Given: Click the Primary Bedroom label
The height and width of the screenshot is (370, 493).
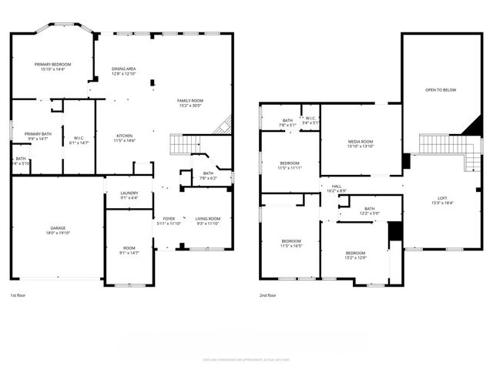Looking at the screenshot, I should (52, 64).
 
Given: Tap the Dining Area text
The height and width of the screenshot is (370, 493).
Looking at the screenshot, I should (123, 69).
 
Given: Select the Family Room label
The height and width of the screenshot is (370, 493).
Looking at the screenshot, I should (189, 101).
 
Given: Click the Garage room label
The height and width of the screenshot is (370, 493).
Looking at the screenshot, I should (58, 227).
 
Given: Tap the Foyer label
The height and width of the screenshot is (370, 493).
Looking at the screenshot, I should (168, 219).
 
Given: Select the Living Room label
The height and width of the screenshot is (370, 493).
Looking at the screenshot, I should (208, 219).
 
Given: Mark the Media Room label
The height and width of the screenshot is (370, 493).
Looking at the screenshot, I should (361, 142).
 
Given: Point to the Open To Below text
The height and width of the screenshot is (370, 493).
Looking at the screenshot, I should (441, 89).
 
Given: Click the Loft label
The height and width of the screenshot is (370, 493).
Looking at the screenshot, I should (442, 198).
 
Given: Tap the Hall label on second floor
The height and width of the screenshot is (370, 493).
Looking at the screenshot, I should (337, 186).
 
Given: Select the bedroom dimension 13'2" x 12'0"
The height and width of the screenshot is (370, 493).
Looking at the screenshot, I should (355, 258).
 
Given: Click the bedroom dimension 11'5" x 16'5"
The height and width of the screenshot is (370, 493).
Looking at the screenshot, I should (290, 246).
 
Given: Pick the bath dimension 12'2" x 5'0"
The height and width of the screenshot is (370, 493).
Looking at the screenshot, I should (370, 213).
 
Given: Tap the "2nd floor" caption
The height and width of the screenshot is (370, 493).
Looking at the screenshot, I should (269, 296).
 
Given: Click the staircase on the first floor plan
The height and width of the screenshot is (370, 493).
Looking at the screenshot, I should (185, 144).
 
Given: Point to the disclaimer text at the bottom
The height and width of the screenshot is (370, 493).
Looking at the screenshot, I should (246, 359).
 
